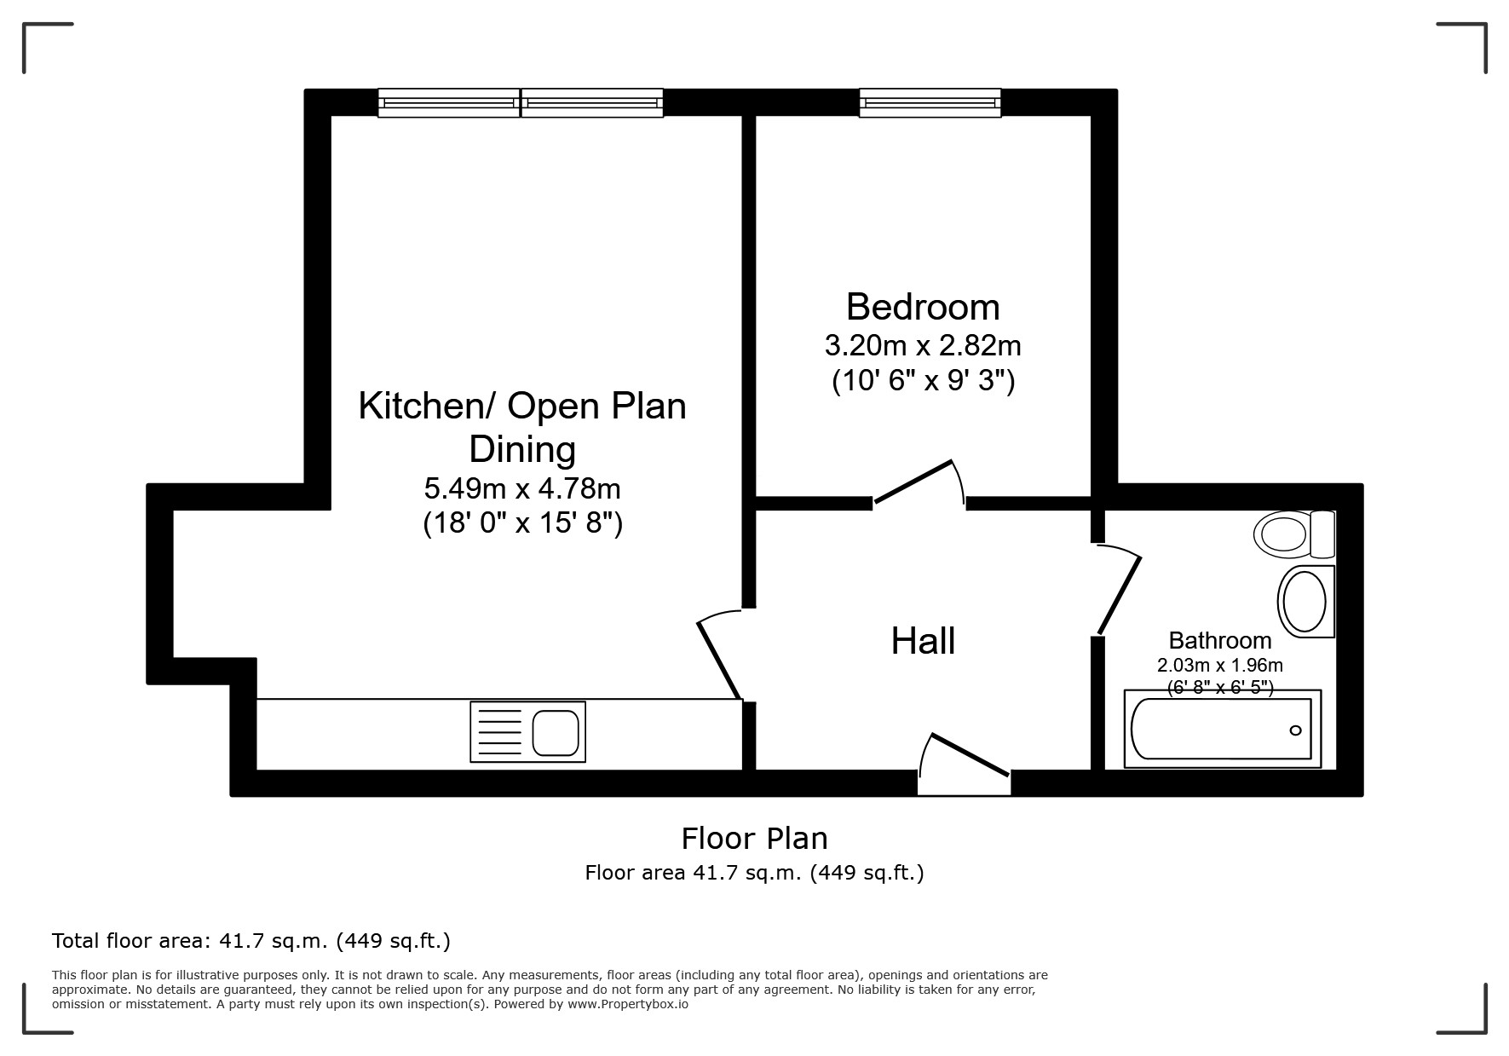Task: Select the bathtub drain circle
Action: click(x=1295, y=730)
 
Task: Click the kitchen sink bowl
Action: click(x=556, y=732)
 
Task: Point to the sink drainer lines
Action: click(x=499, y=732)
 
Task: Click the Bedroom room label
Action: click(x=923, y=307)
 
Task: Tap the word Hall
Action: click(x=923, y=641)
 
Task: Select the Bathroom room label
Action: click(x=1219, y=640)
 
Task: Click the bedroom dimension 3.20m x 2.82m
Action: click(x=923, y=346)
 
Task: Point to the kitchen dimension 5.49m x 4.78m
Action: click(x=522, y=488)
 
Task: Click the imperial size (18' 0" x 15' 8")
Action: click(x=522, y=522)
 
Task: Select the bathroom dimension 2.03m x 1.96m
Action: click(x=1219, y=666)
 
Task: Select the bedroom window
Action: click(x=930, y=103)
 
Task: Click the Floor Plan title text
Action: click(x=754, y=839)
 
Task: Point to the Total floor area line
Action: click(x=251, y=941)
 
